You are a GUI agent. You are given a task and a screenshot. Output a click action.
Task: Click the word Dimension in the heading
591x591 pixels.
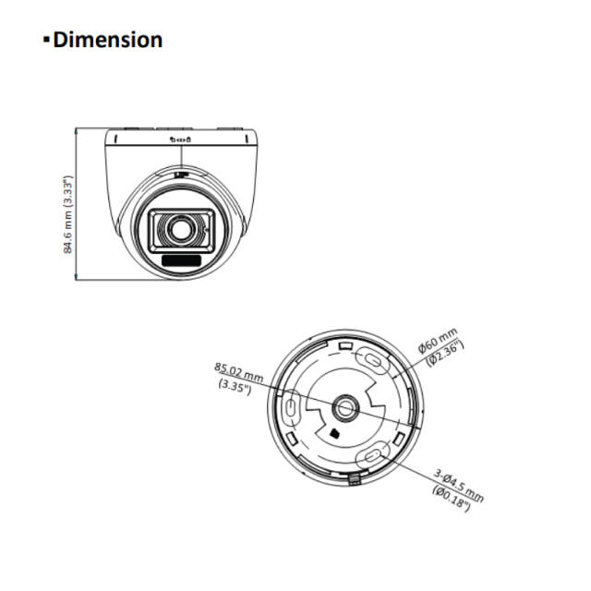pos(109,40)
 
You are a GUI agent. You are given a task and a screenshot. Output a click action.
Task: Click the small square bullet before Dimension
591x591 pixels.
pos(46,41)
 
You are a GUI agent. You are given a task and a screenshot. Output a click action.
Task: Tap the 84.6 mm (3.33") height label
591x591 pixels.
pos(66,214)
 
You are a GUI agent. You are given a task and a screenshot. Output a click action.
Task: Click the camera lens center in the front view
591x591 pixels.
pos(182,227)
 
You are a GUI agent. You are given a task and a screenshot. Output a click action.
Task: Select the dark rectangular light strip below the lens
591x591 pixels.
pos(182,262)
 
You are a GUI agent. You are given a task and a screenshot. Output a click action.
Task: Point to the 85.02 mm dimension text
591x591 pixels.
pos(238,374)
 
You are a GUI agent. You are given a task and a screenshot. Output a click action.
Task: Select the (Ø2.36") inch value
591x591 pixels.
pos(447,356)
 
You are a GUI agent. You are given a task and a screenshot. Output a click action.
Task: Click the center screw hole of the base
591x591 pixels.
pos(346,404)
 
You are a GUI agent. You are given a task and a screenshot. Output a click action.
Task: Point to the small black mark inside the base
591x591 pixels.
pos(332,432)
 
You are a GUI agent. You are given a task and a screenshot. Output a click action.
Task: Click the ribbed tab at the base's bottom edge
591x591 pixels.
pos(356,477)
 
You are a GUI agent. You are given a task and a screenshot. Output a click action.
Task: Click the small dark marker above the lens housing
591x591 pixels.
pos(181,173)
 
